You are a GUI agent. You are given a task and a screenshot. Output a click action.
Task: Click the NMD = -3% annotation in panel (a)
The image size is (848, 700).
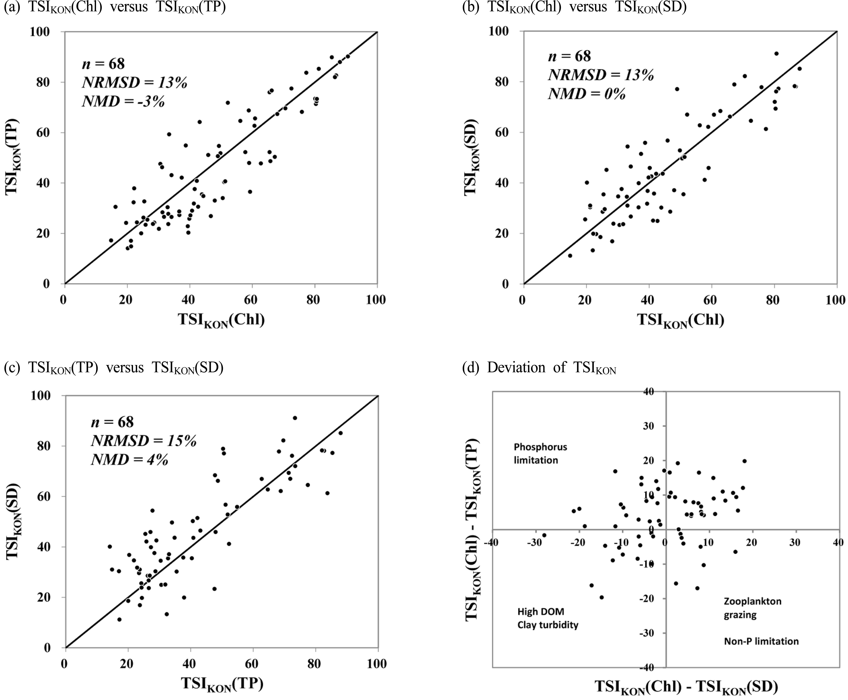[x=123, y=101]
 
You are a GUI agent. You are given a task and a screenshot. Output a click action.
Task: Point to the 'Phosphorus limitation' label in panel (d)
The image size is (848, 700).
[x=540, y=453]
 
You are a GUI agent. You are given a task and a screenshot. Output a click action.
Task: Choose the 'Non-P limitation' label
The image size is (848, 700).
[x=761, y=641]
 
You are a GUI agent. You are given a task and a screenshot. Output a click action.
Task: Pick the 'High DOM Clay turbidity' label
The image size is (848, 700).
[x=547, y=618]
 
